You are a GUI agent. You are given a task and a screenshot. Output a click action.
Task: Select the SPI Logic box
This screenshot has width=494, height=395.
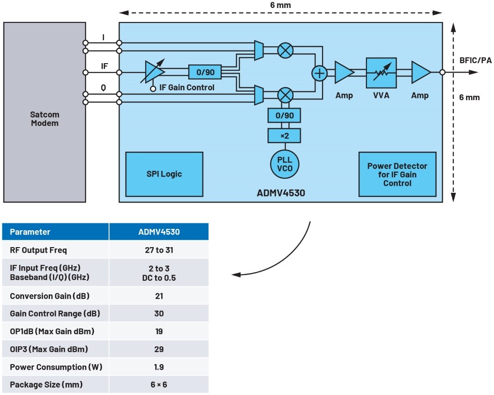point(164,174)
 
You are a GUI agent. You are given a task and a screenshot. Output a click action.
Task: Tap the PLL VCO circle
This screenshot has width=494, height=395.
point(284,163)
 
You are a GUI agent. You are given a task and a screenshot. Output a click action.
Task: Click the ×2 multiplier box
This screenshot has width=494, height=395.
point(284,136)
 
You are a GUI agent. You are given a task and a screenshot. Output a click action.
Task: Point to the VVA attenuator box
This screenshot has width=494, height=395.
point(381,73)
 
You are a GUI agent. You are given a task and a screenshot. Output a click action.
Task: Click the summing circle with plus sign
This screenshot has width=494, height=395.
point(320,73)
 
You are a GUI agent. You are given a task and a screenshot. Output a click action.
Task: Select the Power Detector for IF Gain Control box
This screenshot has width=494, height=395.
point(397,175)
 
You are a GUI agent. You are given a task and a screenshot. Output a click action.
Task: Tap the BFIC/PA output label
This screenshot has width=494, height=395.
point(473,61)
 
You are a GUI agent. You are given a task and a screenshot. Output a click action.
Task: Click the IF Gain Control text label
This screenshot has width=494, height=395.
point(186,88)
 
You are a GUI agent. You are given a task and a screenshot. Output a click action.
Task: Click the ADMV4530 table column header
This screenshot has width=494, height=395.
point(159,232)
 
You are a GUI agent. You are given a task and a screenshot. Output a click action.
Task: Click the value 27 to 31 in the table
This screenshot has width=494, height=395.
point(159,250)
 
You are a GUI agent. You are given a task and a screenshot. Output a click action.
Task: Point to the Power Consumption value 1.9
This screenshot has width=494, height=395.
point(159,367)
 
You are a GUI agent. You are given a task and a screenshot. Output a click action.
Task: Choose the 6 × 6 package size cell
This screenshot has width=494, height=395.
point(159,385)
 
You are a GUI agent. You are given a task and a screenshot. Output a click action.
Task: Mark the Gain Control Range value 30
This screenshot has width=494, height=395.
point(159,314)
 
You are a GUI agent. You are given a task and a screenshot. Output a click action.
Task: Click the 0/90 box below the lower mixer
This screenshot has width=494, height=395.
point(284,115)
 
